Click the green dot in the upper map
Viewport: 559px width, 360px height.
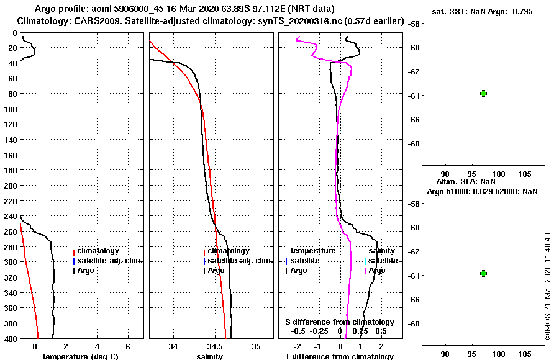pyautogui.click(x=483, y=93)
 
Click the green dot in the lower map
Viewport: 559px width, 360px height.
pyautogui.click(x=483, y=273)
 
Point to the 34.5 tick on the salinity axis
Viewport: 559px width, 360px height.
pyautogui.click(x=215, y=346)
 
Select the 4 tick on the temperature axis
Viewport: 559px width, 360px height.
pyautogui.click(x=97, y=346)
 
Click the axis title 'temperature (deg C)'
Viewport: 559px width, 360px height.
pyautogui.click(x=80, y=356)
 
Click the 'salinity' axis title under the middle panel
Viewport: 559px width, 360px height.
pyautogui.click(x=210, y=356)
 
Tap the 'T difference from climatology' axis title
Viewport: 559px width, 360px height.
pyautogui.click(x=339, y=356)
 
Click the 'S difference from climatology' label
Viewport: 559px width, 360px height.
pyautogui.click(x=339, y=322)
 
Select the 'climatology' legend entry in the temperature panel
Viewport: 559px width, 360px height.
pyautogui.click(x=98, y=251)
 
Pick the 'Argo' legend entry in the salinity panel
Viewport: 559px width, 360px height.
pyautogui.click(x=216, y=271)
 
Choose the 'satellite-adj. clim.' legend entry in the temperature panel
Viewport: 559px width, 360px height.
pyautogui.click(x=109, y=261)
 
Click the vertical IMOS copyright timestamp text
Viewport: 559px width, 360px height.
pyautogui.click(x=548, y=286)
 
